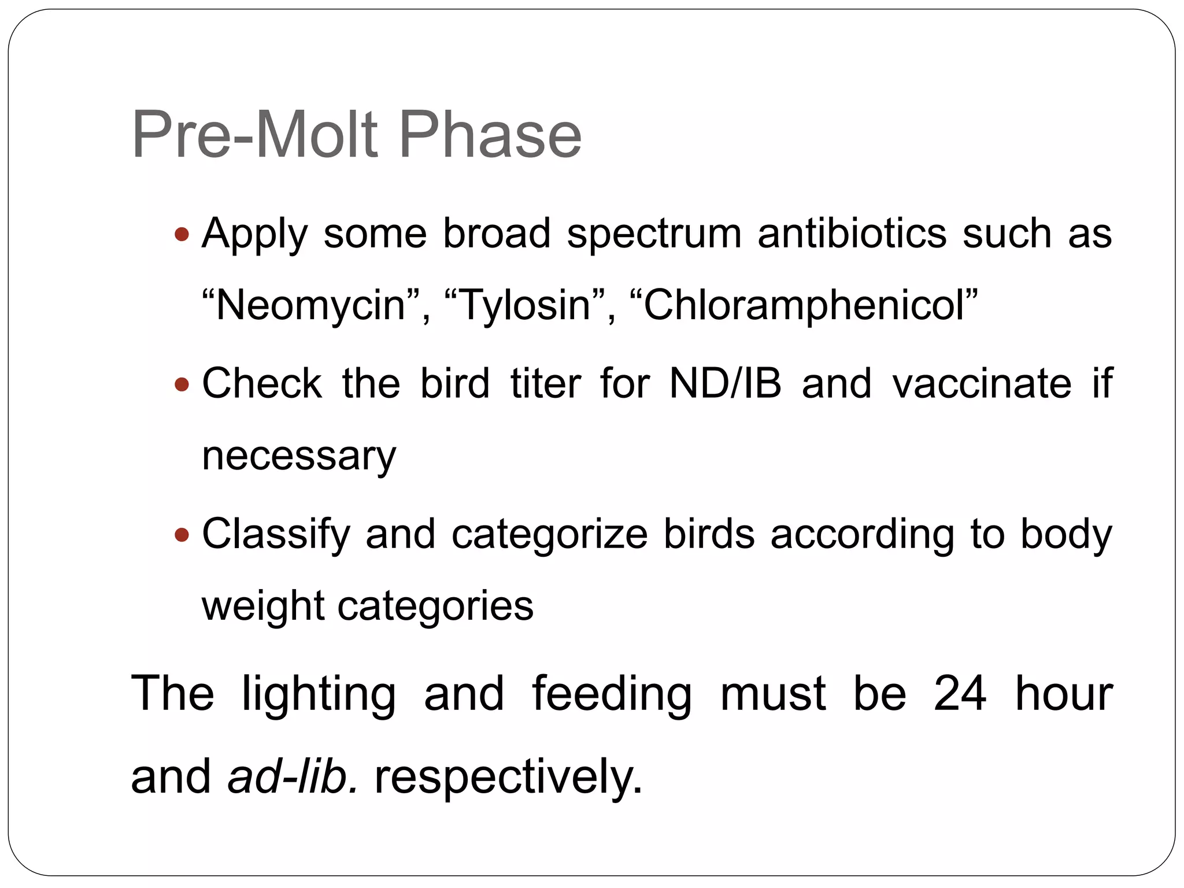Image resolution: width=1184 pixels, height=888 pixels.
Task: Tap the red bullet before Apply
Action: click(182, 234)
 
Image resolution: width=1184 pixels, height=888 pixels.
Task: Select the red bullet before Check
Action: click(182, 384)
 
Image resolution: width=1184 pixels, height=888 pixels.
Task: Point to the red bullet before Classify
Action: click(182, 534)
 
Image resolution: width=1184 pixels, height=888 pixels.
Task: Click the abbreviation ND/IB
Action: click(725, 383)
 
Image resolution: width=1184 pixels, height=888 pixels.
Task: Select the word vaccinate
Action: click(982, 383)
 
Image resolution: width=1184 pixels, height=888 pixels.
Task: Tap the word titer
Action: click(545, 383)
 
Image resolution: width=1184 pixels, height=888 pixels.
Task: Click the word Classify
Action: click(276, 535)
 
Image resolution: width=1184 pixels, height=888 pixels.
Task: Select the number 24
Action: click(960, 693)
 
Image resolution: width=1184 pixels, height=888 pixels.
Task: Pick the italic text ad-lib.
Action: click(293, 776)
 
